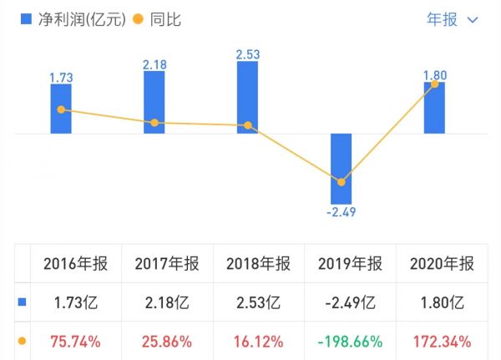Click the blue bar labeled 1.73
point(61,109)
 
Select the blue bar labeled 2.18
point(154,102)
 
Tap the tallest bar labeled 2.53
point(248,97)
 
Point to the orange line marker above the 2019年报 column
point(342,181)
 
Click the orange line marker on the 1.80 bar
point(434,84)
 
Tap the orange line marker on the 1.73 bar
point(61,109)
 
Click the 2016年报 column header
point(75,264)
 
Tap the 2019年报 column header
point(350,264)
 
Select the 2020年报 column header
point(442,264)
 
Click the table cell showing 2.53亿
point(258,302)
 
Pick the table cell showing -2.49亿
point(350,302)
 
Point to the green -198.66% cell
point(350,341)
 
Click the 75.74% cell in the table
point(75,341)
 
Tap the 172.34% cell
point(442,341)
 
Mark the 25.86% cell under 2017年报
point(166,341)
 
